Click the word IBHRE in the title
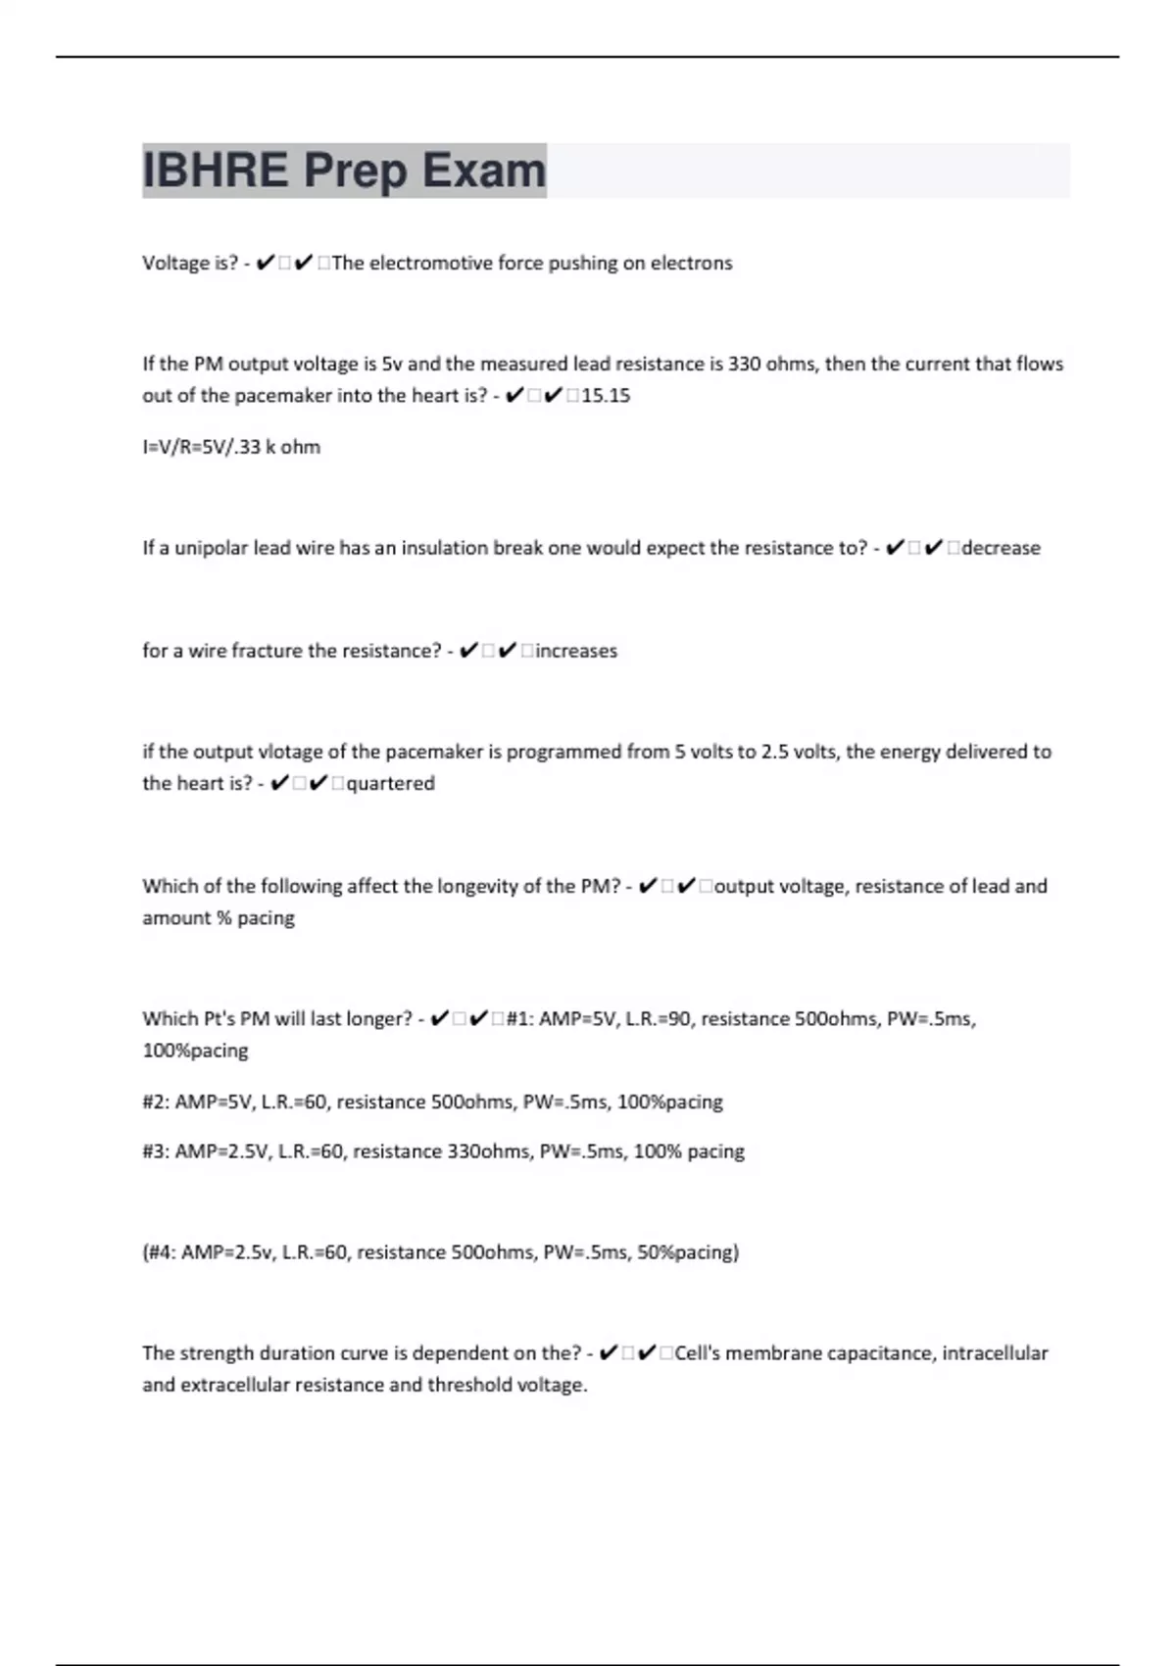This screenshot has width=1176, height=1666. point(216,171)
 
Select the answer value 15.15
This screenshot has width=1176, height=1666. point(606,396)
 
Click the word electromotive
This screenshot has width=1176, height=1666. point(430,264)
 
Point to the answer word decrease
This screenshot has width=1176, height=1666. point(1001,548)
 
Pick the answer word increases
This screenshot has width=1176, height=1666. point(576,651)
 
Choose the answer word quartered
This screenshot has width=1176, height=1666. point(390,783)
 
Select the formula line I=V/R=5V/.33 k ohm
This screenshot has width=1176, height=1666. point(231,447)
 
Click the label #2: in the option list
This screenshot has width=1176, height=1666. point(156,1102)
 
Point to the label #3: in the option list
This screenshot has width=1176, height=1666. point(156,1151)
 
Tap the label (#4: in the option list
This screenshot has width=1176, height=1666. point(160,1252)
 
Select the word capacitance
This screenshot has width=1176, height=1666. point(881,1353)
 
